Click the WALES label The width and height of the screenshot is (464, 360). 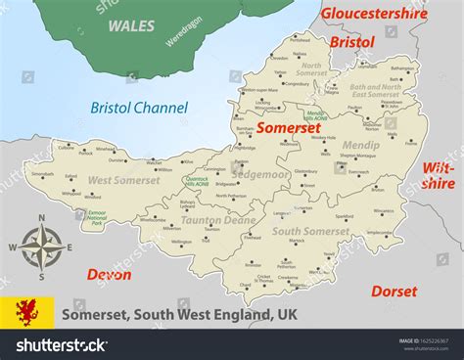click(x=130, y=24)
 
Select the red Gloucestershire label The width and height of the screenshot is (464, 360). click(x=375, y=15)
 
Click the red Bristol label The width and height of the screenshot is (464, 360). click(x=351, y=43)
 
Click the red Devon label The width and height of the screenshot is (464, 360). click(x=109, y=275)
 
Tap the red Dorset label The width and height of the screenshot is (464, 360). click(x=394, y=291)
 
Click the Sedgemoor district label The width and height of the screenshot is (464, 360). click(x=259, y=173)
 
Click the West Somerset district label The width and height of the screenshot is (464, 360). click(x=124, y=180)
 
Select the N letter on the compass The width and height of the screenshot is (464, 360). click(x=41, y=218)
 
